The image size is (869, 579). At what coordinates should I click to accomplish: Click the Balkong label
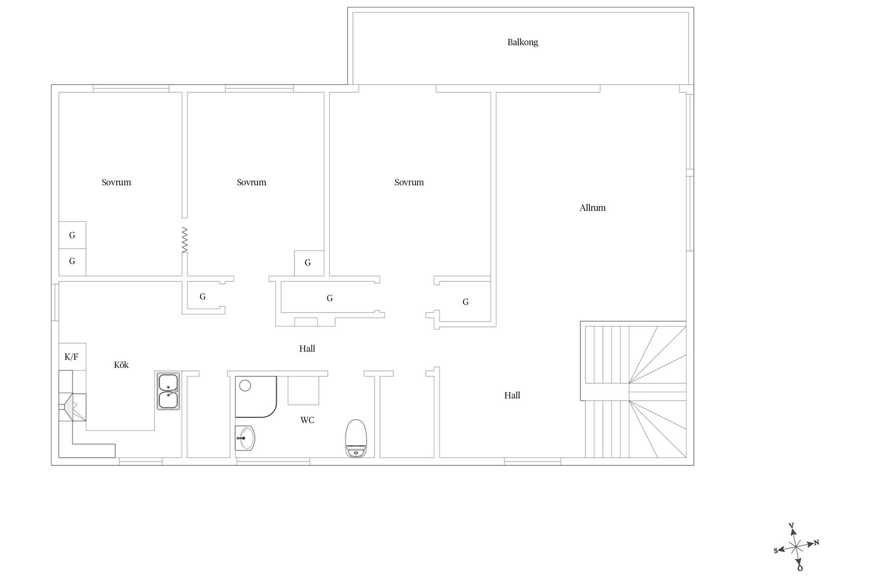(x=522, y=43)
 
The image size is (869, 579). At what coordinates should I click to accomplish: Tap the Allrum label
(x=592, y=208)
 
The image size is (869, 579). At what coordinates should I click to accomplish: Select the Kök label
(x=121, y=365)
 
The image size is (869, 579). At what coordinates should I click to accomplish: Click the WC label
(x=307, y=420)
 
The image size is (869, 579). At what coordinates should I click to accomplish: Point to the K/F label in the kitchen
(x=72, y=357)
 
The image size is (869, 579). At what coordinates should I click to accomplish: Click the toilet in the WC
(x=356, y=438)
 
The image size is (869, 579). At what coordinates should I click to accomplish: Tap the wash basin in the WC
(x=245, y=438)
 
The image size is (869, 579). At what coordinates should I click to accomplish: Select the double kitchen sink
(x=168, y=391)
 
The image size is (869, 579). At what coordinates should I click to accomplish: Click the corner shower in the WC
(x=256, y=397)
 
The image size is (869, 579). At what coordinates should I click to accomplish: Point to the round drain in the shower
(x=245, y=385)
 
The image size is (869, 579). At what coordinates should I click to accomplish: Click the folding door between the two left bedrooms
(x=185, y=240)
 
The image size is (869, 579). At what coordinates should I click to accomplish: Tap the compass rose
(x=796, y=546)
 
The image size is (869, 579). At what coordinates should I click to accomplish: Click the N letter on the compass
(x=816, y=543)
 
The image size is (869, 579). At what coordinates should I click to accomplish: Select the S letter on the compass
(x=776, y=551)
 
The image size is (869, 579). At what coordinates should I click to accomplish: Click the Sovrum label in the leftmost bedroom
(x=116, y=182)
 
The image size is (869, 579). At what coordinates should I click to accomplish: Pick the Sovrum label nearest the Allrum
(x=409, y=182)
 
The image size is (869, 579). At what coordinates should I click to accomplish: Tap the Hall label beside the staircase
(x=512, y=395)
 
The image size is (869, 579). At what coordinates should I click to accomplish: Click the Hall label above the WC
(x=307, y=349)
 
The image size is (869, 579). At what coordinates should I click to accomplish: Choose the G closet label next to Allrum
(x=465, y=302)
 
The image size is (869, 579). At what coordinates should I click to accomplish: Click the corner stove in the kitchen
(x=72, y=407)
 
